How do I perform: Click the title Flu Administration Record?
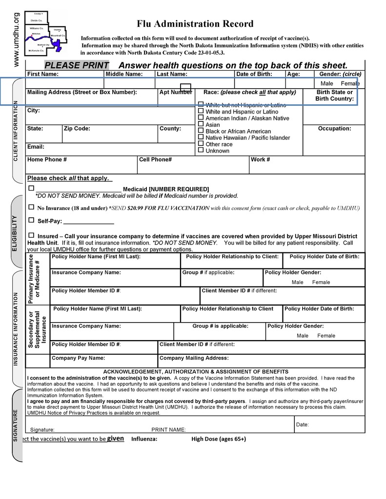[x=195, y=24]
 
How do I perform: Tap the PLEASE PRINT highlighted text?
[x=77, y=66]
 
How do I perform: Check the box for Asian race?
[x=201, y=125]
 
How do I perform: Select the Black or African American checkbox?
[x=201, y=131]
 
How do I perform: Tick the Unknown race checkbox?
[x=201, y=151]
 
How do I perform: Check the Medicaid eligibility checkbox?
[x=31, y=188]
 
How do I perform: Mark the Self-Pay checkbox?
[x=31, y=220]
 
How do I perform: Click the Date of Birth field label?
[x=254, y=74]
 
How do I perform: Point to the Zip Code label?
[x=77, y=129]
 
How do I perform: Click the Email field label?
[x=36, y=147]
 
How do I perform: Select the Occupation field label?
[x=334, y=129]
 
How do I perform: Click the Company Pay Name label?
[x=78, y=358]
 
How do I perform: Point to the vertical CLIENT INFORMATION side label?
[x=15, y=131]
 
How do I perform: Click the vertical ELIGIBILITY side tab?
[x=15, y=233]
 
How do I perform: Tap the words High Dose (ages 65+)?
[x=219, y=439]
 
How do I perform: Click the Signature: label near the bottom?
[x=42, y=430]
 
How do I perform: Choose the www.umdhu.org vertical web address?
[x=16, y=39]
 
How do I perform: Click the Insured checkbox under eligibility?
[x=31, y=235]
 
